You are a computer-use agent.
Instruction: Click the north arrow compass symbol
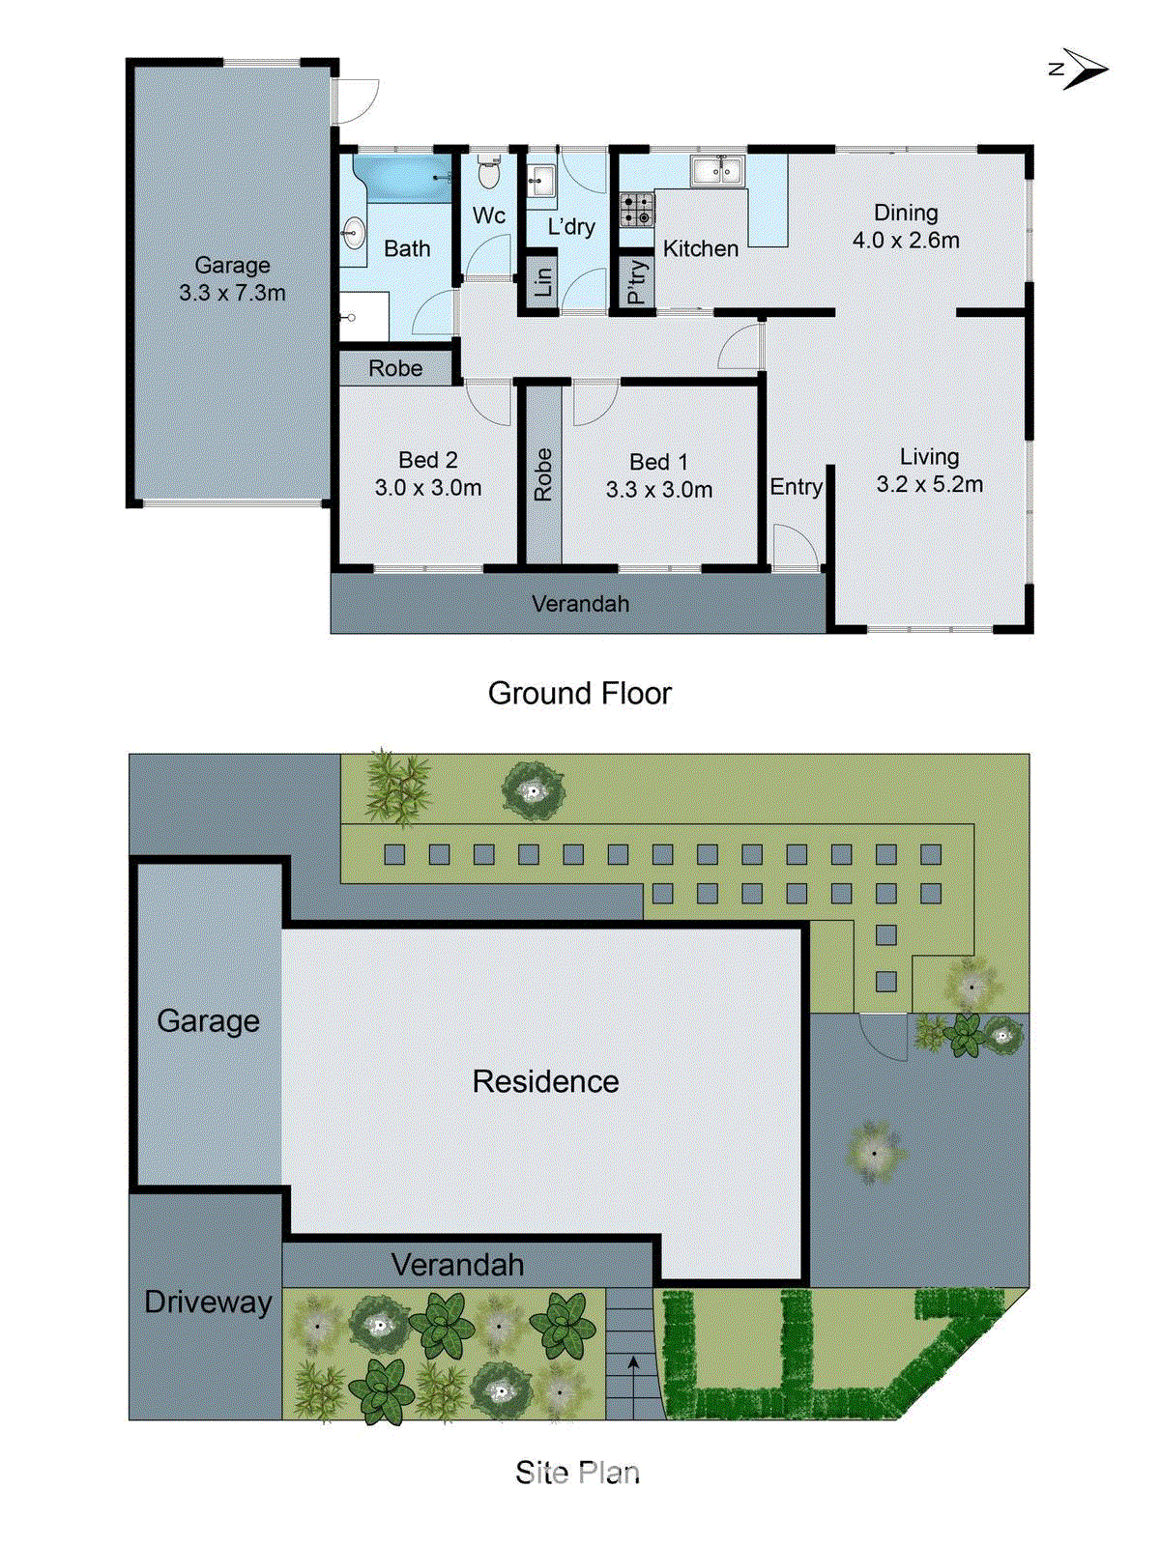1083,69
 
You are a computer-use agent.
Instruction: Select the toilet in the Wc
489,174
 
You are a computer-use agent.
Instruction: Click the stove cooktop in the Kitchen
636,210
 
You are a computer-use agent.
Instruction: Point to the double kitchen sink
716,171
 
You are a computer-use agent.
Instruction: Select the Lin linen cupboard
542,281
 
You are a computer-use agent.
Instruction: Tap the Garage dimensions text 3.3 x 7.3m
232,293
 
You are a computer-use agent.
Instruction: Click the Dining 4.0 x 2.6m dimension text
906,241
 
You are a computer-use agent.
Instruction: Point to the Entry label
796,487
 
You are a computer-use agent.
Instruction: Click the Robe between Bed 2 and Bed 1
543,473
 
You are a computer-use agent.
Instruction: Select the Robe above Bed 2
395,368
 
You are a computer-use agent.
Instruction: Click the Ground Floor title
579,693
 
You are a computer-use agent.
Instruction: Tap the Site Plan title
577,1473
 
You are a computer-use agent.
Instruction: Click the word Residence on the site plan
545,1081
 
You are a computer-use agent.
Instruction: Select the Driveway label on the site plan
208,1302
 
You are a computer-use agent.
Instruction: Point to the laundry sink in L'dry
540,181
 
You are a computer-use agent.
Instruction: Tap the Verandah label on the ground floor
580,604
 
